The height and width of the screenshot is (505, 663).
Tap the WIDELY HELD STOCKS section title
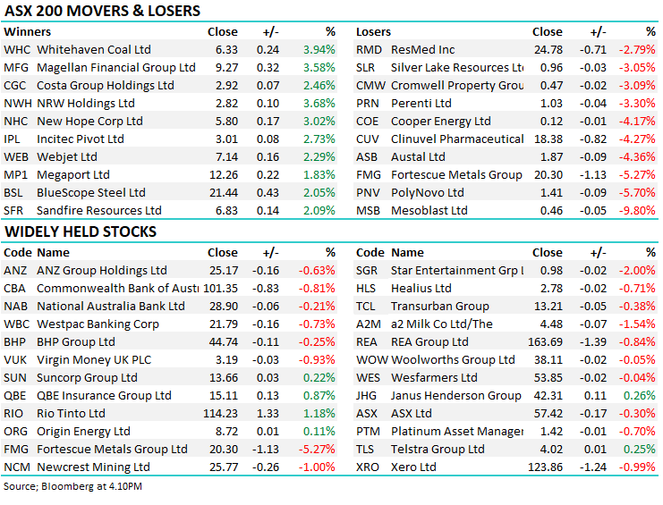pos(81,232)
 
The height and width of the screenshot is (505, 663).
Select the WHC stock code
pos(16,50)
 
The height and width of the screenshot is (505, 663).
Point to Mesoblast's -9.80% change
pos(638,211)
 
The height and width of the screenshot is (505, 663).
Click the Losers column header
pos(374,31)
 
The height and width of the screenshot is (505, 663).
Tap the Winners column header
pos(28,31)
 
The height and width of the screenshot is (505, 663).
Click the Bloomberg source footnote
pos(73,486)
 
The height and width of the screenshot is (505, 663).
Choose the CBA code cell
pos(15,289)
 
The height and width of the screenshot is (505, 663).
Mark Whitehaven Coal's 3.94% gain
pos(319,50)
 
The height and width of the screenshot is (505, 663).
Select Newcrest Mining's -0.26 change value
pos(265,467)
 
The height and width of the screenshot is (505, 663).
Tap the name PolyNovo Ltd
pos(428,193)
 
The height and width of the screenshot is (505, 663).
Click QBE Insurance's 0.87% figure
pos(319,396)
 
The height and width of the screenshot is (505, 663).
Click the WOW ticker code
pos(372,360)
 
